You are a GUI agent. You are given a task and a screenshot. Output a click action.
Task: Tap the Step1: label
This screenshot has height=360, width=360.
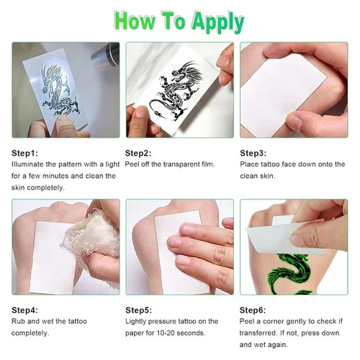pyautogui.click(x=24, y=153)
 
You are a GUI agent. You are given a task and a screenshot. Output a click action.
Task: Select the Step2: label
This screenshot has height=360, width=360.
pyautogui.click(x=138, y=153)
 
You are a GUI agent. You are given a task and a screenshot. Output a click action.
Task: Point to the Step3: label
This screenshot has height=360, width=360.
pyautogui.click(x=253, y=153)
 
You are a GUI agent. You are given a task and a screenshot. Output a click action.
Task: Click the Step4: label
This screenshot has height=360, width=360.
pyautogui.click(x=24, y=310)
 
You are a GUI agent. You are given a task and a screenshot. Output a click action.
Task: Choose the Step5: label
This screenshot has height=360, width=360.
pyautogui.click(x=138, y=310)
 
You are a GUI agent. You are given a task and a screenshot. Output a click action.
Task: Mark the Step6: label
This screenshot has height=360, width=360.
pyautogui.click(x=253, y=310)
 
